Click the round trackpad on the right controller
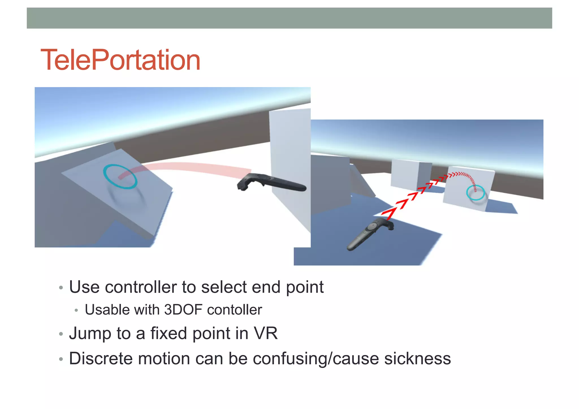(x=372, y=226)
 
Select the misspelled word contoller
(x=234, y=310)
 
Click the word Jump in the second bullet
(x=90, y=334)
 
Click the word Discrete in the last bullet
(x=101, y=359)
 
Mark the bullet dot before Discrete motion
(x=61, y=360)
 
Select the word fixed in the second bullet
(x=169, y=333)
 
